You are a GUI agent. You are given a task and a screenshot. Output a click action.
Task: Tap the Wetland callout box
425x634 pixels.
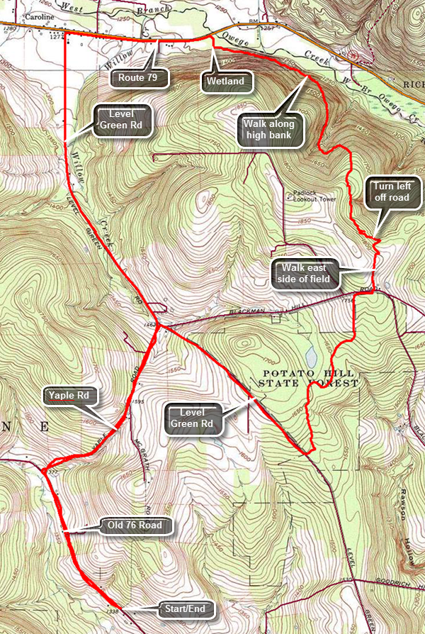[x=225, y=81]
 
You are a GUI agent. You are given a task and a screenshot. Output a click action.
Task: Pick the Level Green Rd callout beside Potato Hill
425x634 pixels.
[x=193, y=419]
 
